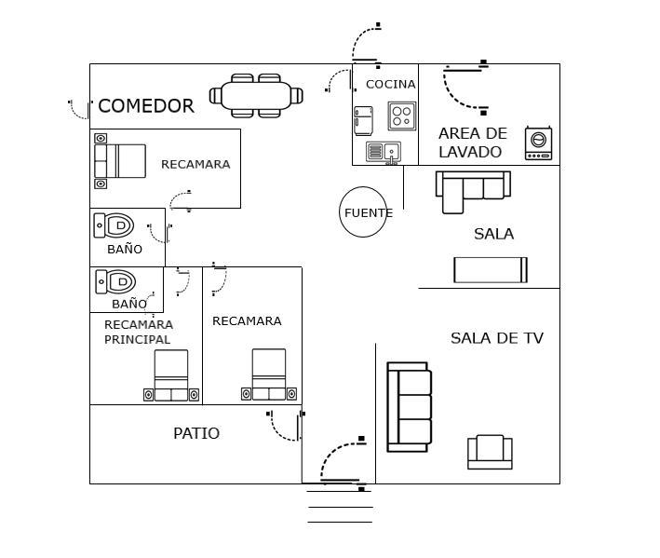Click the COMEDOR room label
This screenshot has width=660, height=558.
tap(146, 106)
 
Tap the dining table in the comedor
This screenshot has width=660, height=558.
tap(256, 95)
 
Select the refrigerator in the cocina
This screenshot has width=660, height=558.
tap(363, 121)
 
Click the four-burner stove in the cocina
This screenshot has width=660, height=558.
tap(401, 116)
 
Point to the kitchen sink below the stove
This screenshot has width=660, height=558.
tap(383, 152)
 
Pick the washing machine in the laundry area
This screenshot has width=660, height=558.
tap(538, 143)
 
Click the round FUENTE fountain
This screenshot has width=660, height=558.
tap(363, 212)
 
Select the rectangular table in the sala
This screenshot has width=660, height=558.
tap(491, 269)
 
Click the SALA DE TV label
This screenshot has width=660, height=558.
tap(496, 338)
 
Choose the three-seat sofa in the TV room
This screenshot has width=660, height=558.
tap(409, 407)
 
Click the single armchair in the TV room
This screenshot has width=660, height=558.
tap(490, 452)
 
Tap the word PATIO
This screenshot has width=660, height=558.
tap(196, 433)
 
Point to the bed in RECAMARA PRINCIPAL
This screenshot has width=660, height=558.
tap(171, 376)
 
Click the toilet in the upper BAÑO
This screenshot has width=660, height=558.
tap(115, 225)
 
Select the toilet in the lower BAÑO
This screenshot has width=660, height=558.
tap(116, 281)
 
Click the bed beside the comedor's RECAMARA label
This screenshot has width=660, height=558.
tap(120, 161)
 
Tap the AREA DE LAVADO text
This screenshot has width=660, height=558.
tap(472, 143)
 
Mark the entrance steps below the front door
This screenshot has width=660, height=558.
tap(340, 507)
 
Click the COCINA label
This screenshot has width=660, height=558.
tap(390, 85)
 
